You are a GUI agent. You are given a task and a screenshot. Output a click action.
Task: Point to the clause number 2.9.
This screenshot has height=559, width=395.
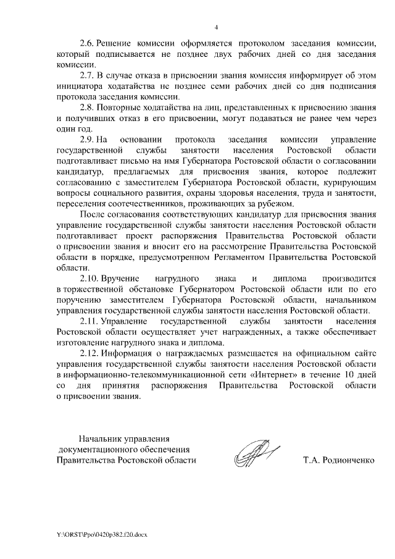[x=89, y=139]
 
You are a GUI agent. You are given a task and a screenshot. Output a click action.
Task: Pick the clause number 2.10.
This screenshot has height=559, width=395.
[x=91, y=279]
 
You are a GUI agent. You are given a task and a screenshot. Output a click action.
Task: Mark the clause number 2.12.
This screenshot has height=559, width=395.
[x=91, y=353]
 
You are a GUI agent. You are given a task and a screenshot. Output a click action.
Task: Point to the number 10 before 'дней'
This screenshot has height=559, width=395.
[x=349, y=374]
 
